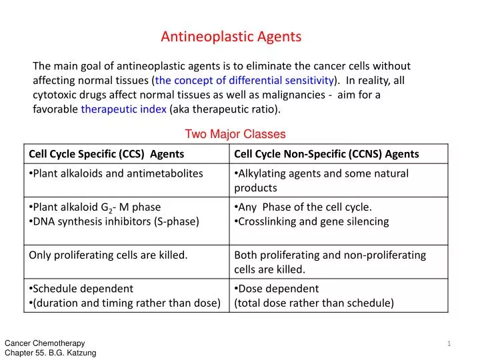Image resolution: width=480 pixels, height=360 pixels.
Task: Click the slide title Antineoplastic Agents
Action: tap(231, 37)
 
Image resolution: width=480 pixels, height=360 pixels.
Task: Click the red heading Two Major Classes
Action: tap(235, 134)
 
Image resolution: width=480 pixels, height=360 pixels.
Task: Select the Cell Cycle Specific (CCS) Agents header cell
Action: tap(107, 154)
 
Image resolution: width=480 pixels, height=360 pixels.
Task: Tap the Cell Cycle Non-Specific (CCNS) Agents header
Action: tap(327, 154)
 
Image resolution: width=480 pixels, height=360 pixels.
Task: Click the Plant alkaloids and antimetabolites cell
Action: tap(116, 173)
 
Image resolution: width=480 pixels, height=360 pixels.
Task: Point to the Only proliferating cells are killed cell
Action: tap(108, 255)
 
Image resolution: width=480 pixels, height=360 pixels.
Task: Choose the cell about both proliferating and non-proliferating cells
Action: tap(330, 262)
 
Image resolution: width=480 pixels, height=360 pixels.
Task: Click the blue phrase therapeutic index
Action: tap(123, 109)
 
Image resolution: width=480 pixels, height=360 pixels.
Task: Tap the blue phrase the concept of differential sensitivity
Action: tap(244, 81)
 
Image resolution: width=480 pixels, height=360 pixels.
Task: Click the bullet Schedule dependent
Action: tap(83, 289)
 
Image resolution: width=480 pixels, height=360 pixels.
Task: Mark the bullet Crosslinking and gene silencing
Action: tap(313, 221)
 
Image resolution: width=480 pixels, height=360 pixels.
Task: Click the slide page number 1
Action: tap(449, 344)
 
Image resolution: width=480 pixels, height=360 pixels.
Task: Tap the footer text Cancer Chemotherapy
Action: tap(45, 343)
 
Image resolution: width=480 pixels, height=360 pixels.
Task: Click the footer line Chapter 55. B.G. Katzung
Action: tap(50, 353)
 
